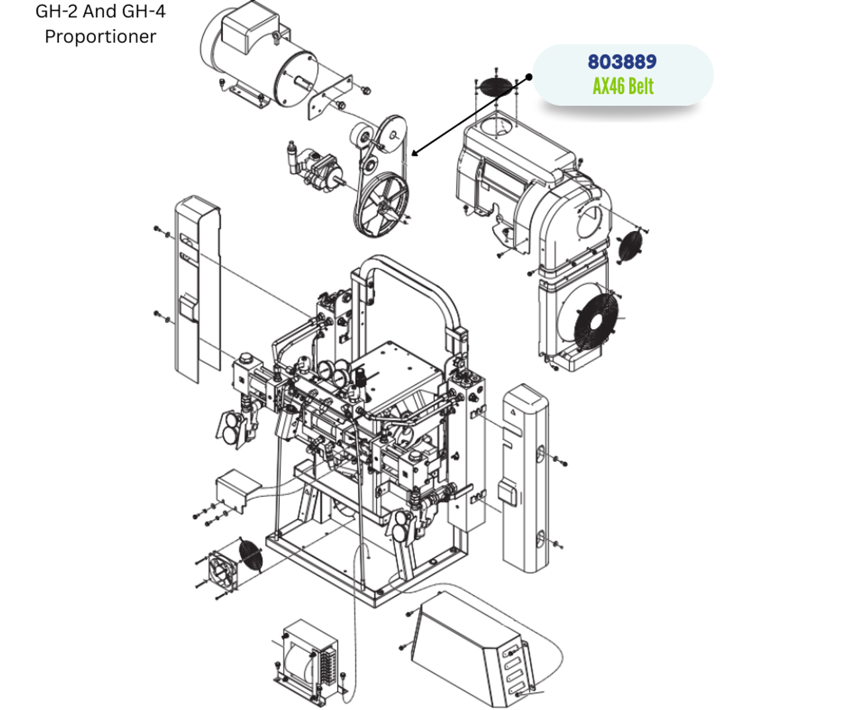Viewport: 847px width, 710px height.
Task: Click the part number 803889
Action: (x=622, y=62)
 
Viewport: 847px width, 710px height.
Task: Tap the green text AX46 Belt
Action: (x=623, y=86)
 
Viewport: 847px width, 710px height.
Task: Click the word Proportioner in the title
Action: (x=100, y=36)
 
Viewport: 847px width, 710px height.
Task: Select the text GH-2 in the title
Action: (x=57, y=11)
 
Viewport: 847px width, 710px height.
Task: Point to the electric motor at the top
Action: (x=258, y=56)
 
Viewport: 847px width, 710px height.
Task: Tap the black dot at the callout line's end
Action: (x=529, y=77)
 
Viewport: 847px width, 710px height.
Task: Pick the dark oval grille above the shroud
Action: (x=495, y=87)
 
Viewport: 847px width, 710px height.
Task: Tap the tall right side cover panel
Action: (x=525, y=476)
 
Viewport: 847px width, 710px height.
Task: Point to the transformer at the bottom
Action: (x=308, y=658)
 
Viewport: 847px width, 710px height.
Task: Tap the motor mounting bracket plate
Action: (x=329, y=99)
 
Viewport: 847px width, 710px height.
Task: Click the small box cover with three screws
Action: (x=232, y=490)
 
